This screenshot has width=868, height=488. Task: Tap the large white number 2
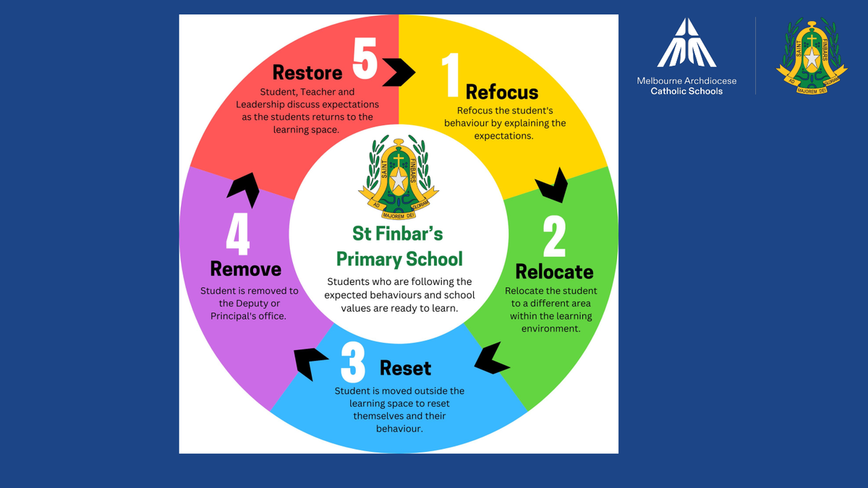[x=554, y=235]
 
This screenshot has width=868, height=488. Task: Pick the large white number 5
[x=365, y=59]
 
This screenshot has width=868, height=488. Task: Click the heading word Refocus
[x=502, y=92]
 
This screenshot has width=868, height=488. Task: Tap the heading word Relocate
[x=554, y=272]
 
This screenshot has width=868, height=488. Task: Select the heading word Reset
[x=405, y=368]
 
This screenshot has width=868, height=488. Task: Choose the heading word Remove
[x=245, y=269]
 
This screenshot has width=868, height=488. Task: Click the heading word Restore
[x=307, y=72]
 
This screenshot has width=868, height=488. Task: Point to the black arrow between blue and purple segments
[x=310, y=361]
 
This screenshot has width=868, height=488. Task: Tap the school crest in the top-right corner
[x=812, y=56]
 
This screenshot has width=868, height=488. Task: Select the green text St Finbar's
[x=398, y=234]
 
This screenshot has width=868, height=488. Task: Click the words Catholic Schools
[x=686, y=91]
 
